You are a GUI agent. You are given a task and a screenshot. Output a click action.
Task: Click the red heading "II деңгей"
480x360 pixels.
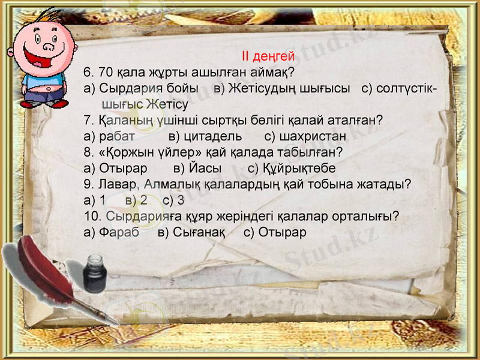pyautogui.click(x=268, y=57)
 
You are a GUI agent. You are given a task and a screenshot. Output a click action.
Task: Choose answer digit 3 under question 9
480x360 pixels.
pyautogui.click(x=180, y=200)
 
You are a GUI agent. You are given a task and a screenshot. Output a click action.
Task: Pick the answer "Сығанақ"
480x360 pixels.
pyautogui.click(x=199, y=232)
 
